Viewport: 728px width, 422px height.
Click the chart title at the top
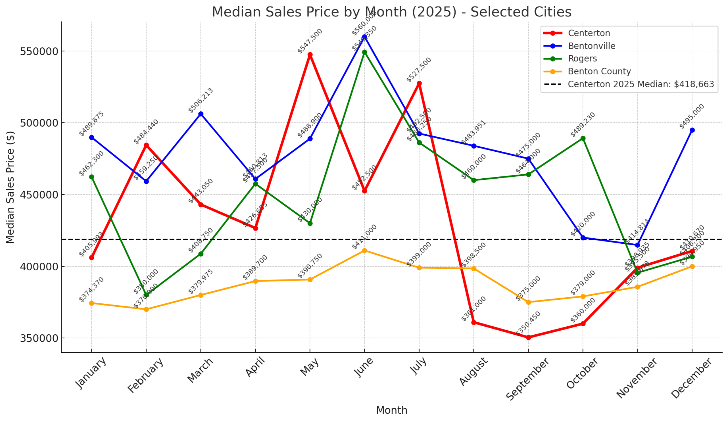[391, 12]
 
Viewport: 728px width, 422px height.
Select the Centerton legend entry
[589, 33]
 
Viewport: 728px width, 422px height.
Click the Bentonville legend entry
[591, 46]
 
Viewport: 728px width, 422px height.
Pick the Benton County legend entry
[599, 71]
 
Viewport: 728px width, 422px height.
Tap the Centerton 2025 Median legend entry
[641, 84]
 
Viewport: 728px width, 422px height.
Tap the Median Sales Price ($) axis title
[11, 187]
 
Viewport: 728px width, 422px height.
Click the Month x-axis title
[391, 410]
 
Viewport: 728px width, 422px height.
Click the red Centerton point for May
[310, 55]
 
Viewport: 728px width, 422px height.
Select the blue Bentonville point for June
[364, 37]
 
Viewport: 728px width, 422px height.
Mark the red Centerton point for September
[529, 337]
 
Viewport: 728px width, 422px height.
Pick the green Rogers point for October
[583, 138]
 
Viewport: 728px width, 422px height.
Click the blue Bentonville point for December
[692, 130]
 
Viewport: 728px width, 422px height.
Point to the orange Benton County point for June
[364, 250]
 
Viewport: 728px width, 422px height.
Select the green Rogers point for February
[146, 295]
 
